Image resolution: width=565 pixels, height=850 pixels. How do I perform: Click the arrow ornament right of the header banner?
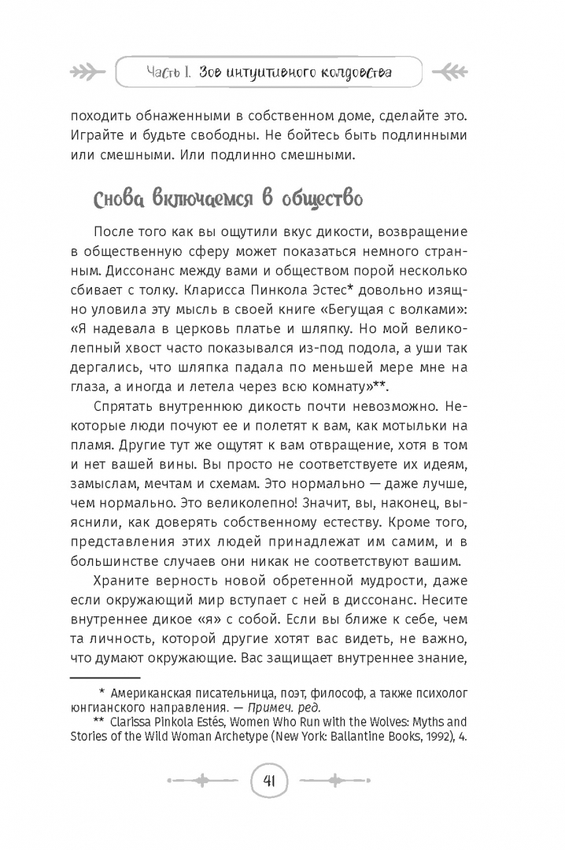click(x=477, y=73)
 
